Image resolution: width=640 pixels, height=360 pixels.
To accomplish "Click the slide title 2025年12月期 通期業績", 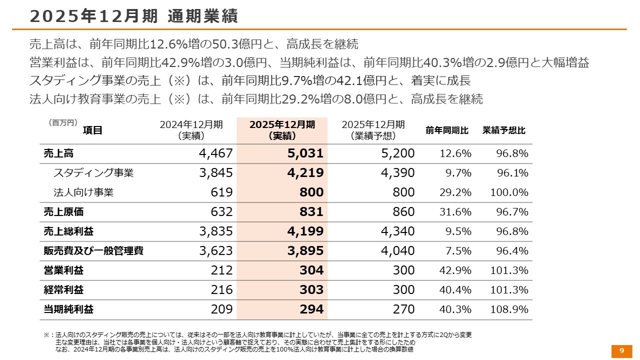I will (133, 16).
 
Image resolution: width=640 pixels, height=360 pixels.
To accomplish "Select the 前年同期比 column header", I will (447, 130).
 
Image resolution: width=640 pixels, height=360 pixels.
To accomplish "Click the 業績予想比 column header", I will (504, 130).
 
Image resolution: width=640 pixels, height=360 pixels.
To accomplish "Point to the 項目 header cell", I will (92, 130).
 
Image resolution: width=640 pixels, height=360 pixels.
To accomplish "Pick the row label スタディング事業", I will (93, 173).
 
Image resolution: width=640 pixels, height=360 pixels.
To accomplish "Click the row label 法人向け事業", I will (83, 192).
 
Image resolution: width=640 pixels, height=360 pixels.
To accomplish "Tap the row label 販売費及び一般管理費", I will (93, 251).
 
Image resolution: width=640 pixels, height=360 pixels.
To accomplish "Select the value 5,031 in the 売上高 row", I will (305, 153).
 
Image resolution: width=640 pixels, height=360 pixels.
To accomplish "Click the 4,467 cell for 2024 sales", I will (216, 153).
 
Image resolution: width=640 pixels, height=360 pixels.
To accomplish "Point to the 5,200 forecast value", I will (397, 153).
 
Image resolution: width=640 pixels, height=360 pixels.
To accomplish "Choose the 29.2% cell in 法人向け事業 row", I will (455, 192).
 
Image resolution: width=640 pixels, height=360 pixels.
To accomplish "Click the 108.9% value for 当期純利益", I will (509, 309).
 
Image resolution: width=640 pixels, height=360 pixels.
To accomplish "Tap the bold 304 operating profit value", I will (311, 270).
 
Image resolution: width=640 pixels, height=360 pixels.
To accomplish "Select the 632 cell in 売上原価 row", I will (222, 212).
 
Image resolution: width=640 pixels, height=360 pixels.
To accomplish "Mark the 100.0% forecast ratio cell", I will (509, 192).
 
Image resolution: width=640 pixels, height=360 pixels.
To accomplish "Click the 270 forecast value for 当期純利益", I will (403, 309).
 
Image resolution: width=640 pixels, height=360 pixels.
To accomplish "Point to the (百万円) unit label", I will (63, 122).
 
